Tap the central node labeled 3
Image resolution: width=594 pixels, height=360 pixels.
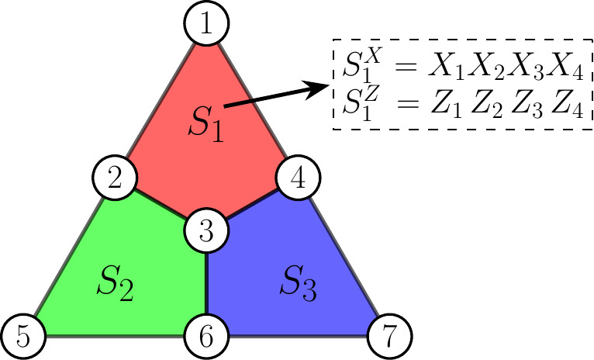(x=206, y=230)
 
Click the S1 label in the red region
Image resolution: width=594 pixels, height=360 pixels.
(x=207, y=124)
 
